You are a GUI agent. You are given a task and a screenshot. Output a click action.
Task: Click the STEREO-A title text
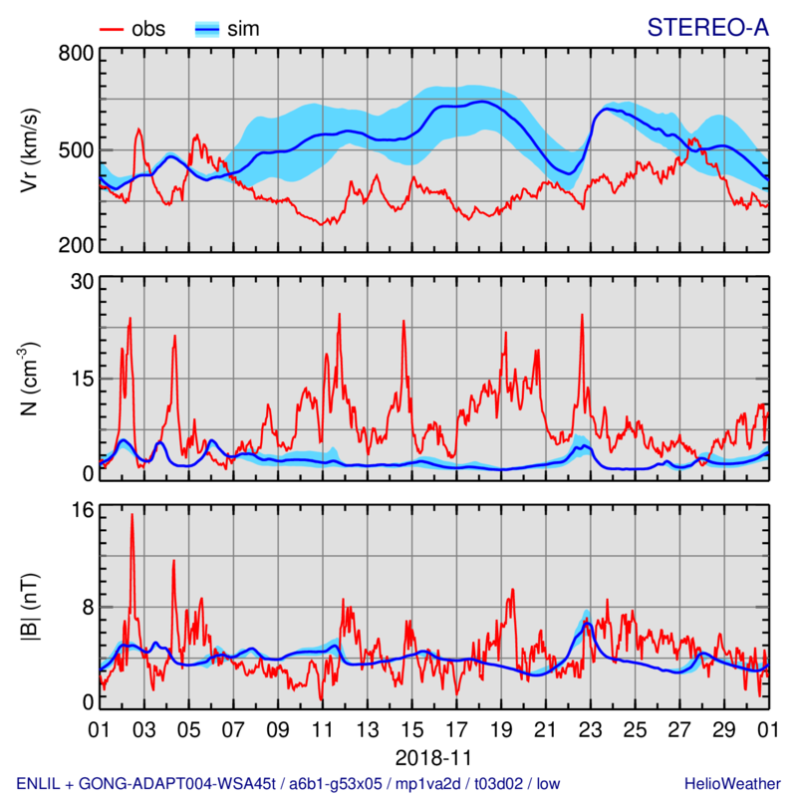(x=708, y=28)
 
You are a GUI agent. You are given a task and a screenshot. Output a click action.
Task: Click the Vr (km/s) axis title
(x=30, y=149)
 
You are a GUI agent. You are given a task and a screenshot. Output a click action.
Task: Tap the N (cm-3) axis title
(x=30, y=379)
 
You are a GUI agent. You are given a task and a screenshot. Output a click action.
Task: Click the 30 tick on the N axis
(x=81, y=282)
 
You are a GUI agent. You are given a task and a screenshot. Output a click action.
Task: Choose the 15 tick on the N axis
(x=81, y=379)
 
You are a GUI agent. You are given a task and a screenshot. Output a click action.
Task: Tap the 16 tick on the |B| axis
(x=81, y=510)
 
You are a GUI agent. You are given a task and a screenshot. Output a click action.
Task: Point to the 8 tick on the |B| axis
(x=87, y=606)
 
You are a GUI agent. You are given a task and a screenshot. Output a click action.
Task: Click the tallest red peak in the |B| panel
(x=132, y=515)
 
